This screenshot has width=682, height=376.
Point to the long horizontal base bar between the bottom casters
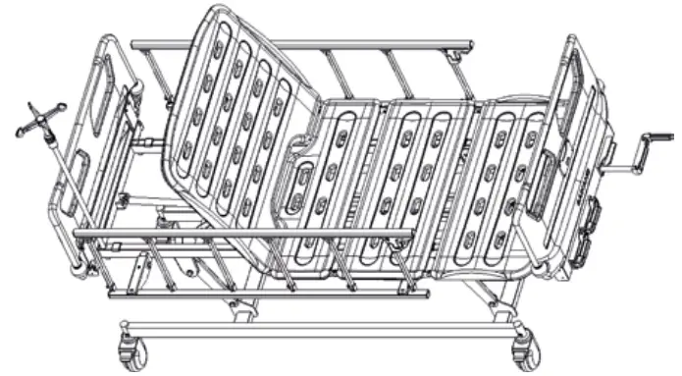click(324, 325)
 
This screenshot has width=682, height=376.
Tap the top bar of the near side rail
click(245, 234)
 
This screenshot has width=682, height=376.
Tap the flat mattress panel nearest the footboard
click(505, 177)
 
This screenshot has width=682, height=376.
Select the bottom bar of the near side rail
click(265, 292)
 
